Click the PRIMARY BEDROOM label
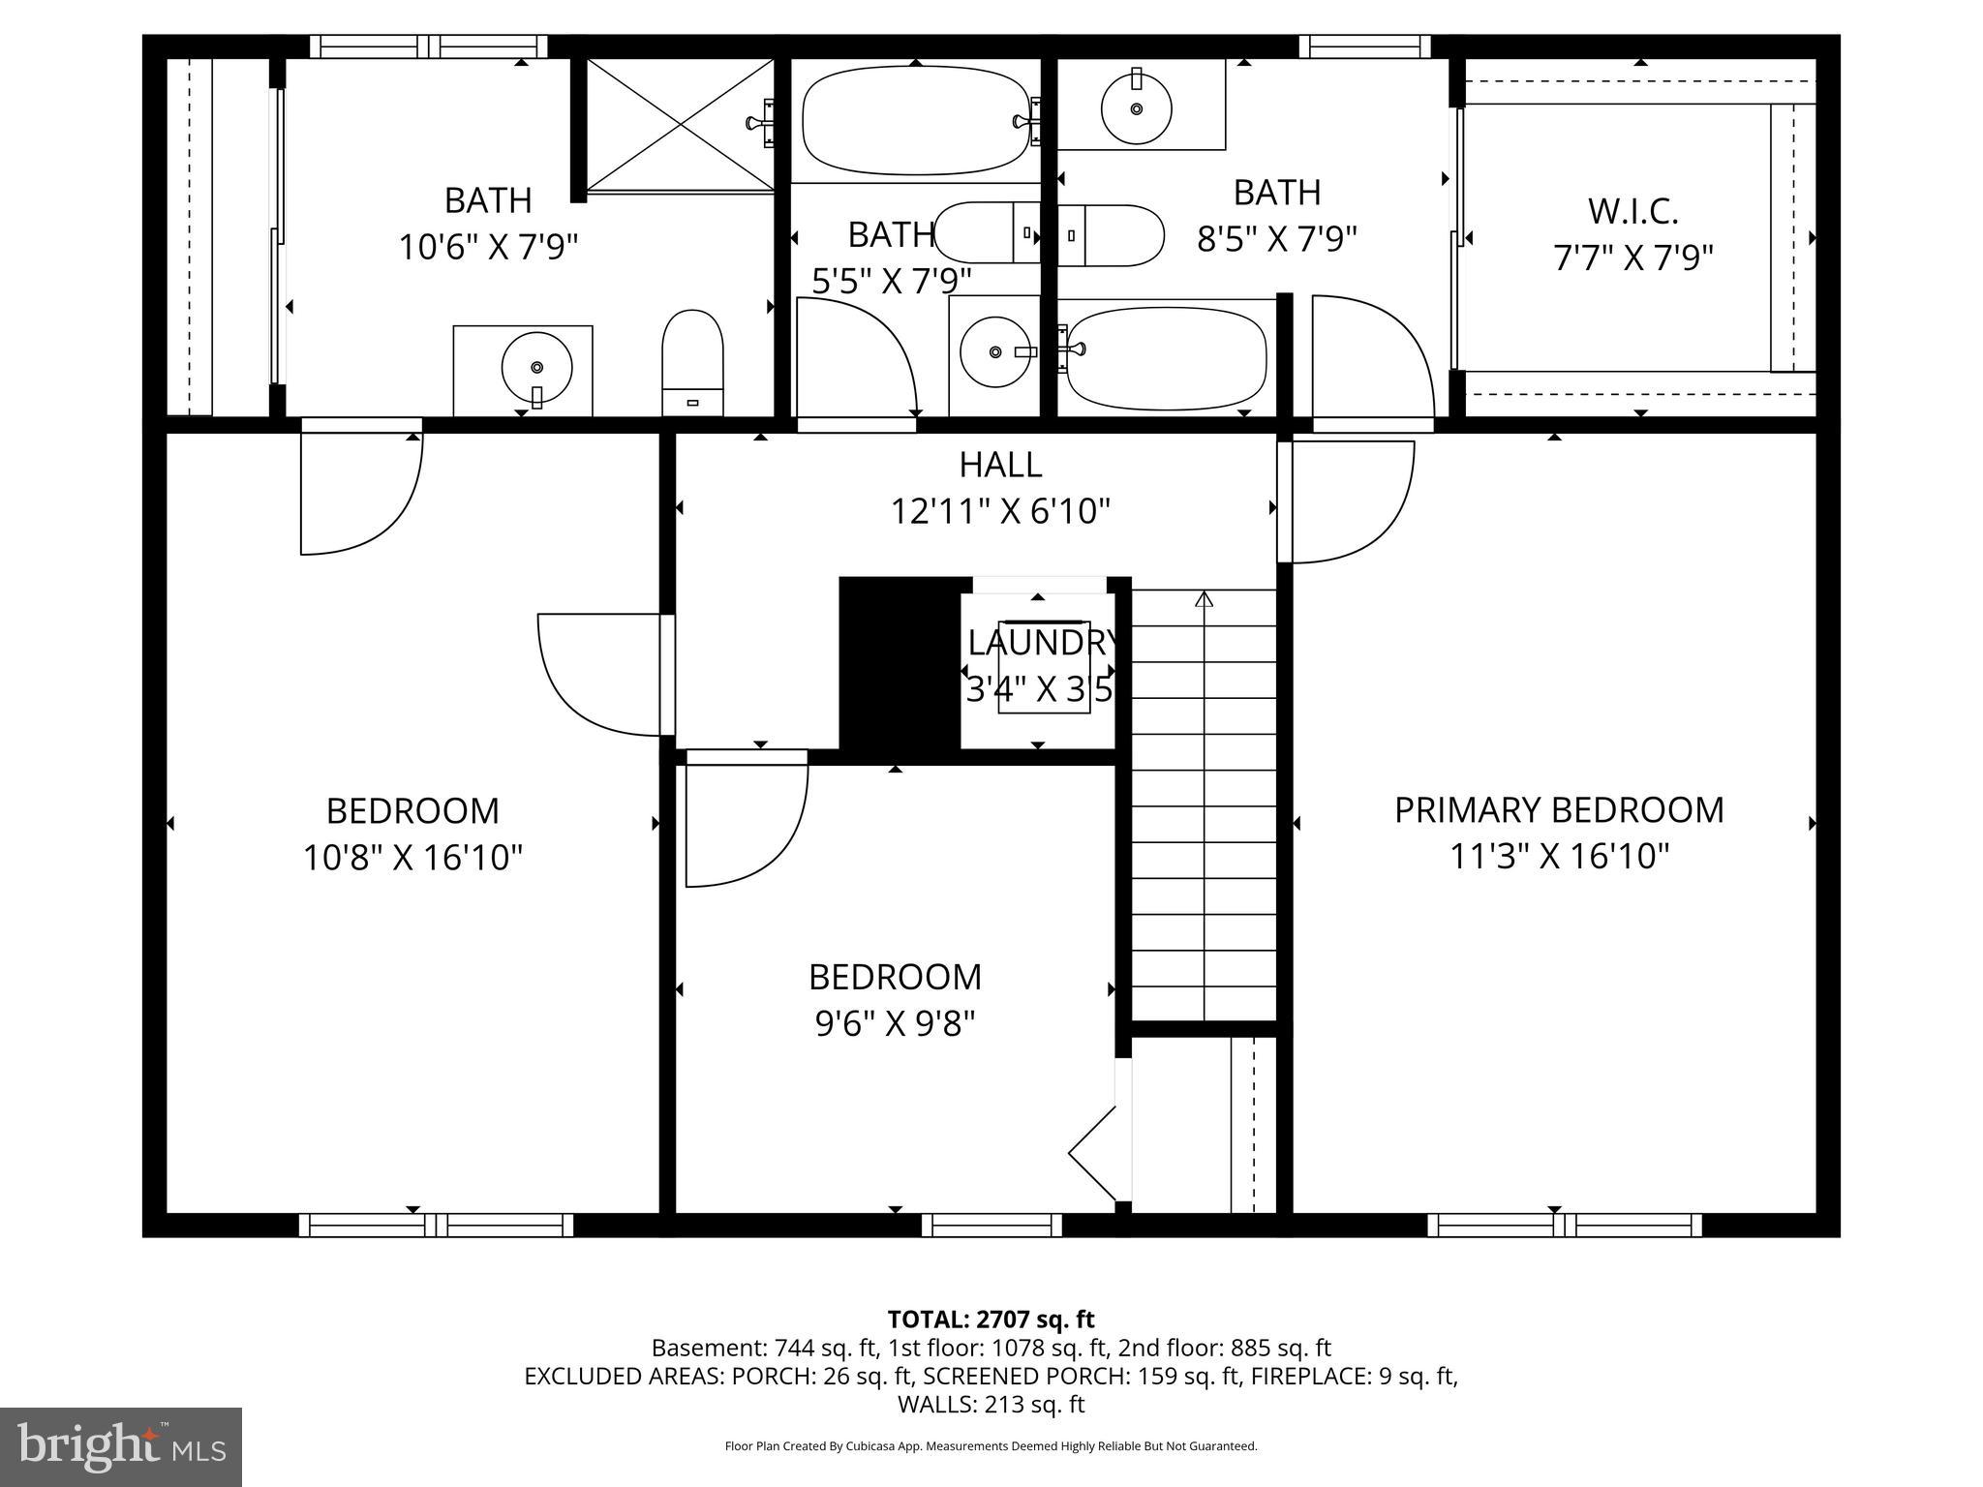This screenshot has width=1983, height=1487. click(x=1558, y=810)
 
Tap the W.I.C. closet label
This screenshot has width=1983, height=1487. click(x=1632, y=211)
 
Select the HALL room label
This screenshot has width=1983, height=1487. click(x=1000, y=465)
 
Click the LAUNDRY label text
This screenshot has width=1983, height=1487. click(x=1042, y=643)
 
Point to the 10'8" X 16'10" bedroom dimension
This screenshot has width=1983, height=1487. click(x=412, y=858)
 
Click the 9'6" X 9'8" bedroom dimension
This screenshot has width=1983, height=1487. click(x=895, y=1023)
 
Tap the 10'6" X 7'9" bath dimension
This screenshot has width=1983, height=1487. click(x=488, y=248)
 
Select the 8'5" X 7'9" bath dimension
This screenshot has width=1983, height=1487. click(x=1276, y=239)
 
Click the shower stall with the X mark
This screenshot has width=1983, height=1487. click(x=681, y=124)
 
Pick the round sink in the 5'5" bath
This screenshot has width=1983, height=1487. click(x=994, y=351)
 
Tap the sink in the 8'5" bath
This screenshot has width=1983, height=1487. click(x=1137, y=106)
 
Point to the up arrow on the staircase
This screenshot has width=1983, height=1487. click(x=1204, y=600)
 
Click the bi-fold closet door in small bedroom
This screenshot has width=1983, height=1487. click(x=1094, y=1153)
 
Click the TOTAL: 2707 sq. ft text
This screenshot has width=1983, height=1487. click(x=991, y=1320)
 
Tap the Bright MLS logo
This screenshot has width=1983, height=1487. click(x=121, y=1446)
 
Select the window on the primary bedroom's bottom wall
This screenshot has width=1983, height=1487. click(x=1564, y=1226)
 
